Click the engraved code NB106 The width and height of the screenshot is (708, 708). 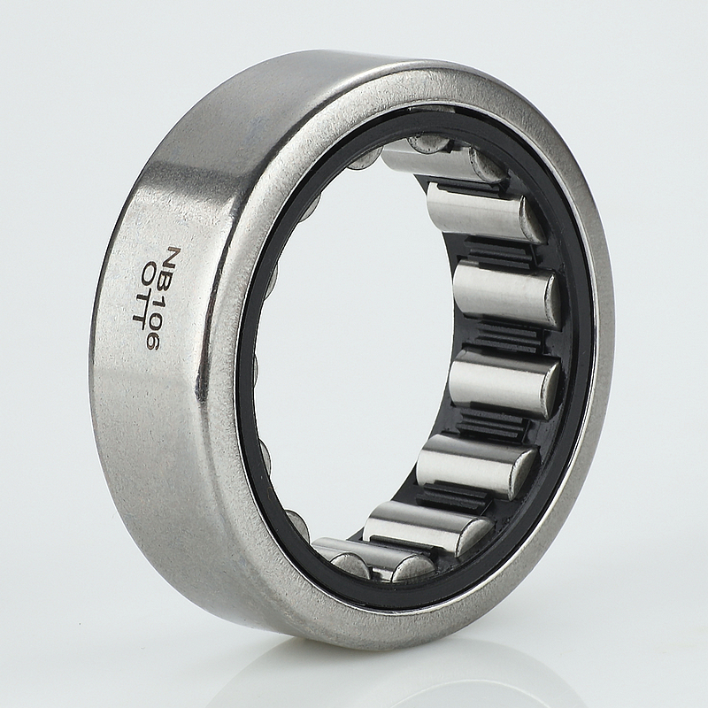coord(164,298)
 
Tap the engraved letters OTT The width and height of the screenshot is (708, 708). coord(142,292)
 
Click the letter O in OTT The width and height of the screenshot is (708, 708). coord(148,273)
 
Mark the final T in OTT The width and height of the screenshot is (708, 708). coord(138,313)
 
